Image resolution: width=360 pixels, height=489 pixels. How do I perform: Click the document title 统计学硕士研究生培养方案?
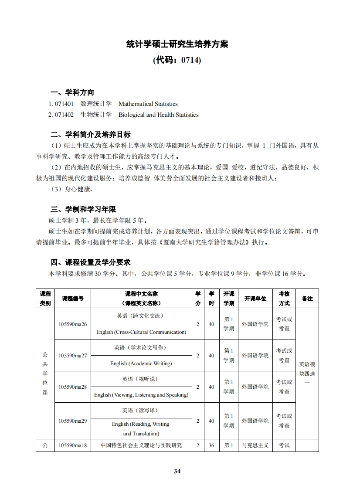[x=177, y=44]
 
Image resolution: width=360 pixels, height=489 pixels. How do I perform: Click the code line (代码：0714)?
[x=177, y=60]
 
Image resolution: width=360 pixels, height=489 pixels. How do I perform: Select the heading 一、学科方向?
[x=72, y=92]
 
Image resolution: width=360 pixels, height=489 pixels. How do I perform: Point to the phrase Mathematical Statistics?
[x=148, y=104]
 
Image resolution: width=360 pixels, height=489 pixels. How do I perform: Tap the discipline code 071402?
[x=64, y=115]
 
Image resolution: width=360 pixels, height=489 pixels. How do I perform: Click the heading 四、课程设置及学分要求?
[x=91, y=262]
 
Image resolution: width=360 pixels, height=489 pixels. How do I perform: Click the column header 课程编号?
[x=73, y=299]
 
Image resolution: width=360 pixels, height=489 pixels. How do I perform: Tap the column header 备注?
[x=307, y=299]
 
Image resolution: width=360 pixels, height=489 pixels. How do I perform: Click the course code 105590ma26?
[x=73, y=324]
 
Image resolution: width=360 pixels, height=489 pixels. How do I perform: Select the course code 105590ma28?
[x=73, y=387]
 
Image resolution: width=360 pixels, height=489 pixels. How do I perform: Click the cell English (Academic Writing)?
[x=141, y=363]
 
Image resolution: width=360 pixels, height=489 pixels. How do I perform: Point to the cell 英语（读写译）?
[x=141, y=411]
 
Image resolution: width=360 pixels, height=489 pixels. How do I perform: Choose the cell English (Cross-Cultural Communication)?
[x=141, y=332]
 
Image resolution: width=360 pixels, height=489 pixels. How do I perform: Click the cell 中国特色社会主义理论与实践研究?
[x=141, y=445]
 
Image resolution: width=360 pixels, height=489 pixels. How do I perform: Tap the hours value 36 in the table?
[x=211, y=445]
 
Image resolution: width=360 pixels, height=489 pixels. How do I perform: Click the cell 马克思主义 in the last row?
[x=255, y=445]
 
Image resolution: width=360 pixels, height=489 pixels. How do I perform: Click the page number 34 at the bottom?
[x=177, y=471]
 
